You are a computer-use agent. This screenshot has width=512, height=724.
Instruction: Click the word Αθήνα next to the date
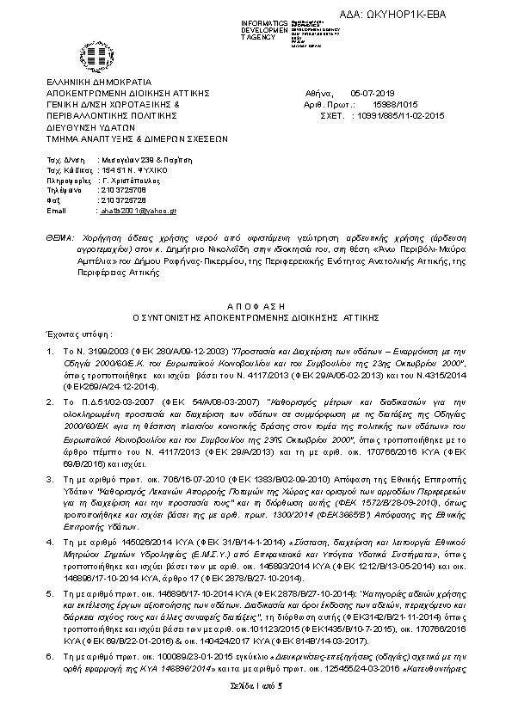(x=316, y=92)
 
